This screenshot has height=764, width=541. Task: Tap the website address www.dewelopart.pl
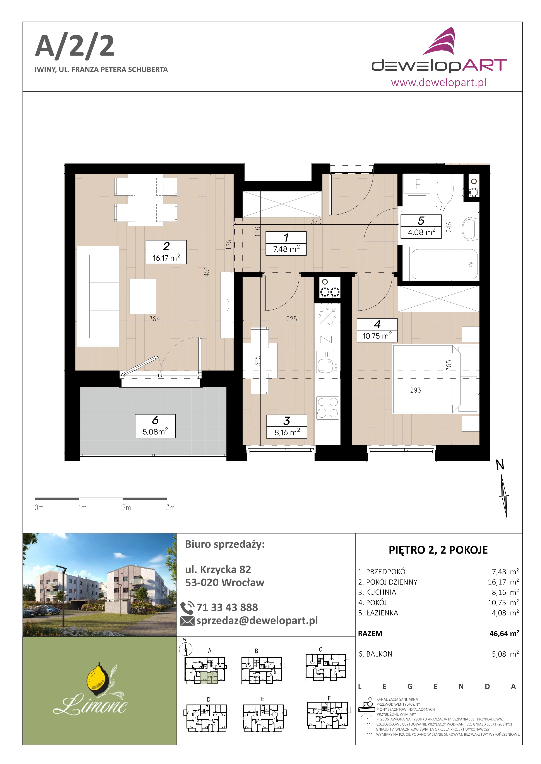coord(438,82)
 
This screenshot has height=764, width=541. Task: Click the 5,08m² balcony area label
coord(155,432)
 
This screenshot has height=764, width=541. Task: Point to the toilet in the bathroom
coord(445,188)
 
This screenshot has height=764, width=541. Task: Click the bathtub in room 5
coord(444,264)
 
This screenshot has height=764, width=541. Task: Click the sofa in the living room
coord(98,296)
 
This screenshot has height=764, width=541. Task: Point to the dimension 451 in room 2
coord(207,272)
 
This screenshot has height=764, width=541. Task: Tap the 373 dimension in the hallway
coord(316,221)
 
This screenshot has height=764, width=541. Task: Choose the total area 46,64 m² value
coord(504,633)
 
